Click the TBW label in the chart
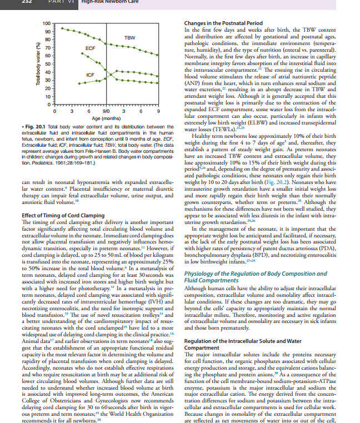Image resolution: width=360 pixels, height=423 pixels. click(129, 37)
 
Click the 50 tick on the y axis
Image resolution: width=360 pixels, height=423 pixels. click(47, 64)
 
